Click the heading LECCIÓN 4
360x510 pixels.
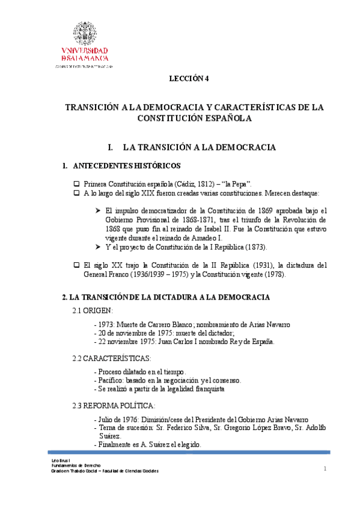pyautogui.click(x=188, y=78)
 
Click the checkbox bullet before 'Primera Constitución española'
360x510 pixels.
pyautogui.click(x=76, y=183)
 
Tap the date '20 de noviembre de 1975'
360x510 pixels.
pyautogui.click(x=135, y=333)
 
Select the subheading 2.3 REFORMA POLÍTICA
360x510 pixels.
pyautogui.click(x=114, y=405)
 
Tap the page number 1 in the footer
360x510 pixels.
pyautogui.click(x=325, y=469)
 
